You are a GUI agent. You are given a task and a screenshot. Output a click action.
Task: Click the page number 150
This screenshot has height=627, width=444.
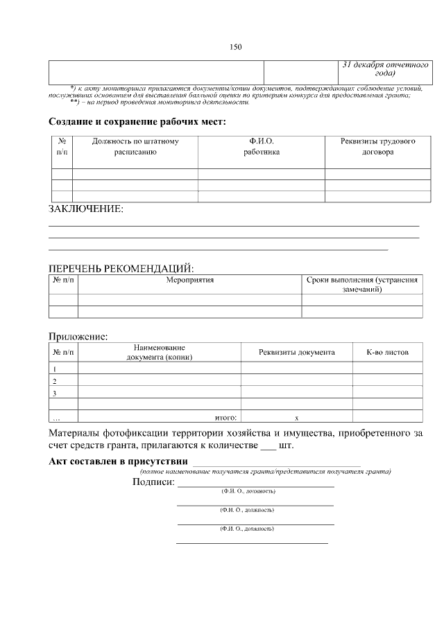pos(235,47)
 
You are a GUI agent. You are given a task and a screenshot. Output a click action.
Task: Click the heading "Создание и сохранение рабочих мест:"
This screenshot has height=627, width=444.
pos(137,122)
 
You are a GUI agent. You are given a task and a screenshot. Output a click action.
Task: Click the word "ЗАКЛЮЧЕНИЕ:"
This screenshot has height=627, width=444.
pos(85,209)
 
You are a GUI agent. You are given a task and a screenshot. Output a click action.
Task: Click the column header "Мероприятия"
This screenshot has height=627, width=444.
pos(189,280)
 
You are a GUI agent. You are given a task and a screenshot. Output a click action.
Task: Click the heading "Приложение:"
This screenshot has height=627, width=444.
pos(78,337)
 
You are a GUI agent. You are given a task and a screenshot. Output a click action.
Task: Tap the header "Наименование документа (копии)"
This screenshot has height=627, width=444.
pos(159,352)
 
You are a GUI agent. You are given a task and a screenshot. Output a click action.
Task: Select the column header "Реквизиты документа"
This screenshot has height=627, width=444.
pos(296,352)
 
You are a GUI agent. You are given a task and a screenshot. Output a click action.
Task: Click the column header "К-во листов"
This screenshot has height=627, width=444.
pos(387,352)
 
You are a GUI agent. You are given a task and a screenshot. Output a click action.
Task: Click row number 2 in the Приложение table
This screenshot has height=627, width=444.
pos(55,381)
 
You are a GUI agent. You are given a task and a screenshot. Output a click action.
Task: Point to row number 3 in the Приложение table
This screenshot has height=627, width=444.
pos(55,393)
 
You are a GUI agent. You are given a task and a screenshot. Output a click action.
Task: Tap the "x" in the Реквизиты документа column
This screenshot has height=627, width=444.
pos(296,417)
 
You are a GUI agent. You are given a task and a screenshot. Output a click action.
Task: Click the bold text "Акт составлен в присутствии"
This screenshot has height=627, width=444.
pos(118,461)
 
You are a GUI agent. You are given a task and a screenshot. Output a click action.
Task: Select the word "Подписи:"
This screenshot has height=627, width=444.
pos(153,482)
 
